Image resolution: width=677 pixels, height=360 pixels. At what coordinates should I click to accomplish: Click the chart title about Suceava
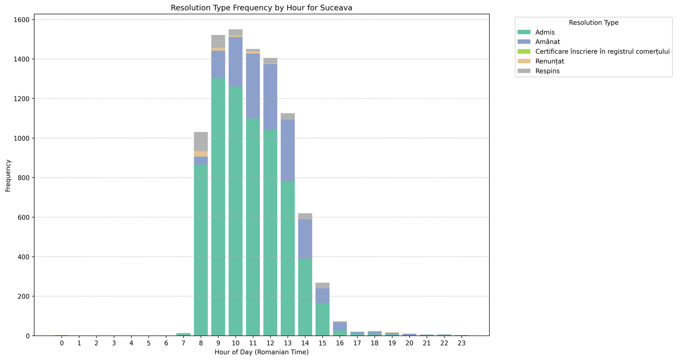pyautogui.click(x=261, y=8)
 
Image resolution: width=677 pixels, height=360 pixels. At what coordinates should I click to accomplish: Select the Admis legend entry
pyautogui.click(x=545, y=32)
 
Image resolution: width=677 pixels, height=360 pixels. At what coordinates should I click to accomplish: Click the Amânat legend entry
pyautogui.click(x=548, y=42)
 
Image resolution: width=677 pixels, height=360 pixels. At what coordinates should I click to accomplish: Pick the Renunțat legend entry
pyautogui.click(x=550, y=61)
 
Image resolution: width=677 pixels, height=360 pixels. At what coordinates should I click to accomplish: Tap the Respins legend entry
pyautogui.click(x=547, y=71)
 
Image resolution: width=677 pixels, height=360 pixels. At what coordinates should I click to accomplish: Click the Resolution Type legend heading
pyautogui.click(x=593, y=23)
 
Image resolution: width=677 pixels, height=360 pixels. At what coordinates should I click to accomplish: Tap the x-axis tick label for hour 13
pyautogui.click(x=287, y=343)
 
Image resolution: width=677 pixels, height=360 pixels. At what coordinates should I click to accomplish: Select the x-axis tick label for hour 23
pyautogui.click(x=461, y=343)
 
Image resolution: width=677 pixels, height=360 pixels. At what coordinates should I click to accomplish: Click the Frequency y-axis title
pyautogui.click(x=8, y=175)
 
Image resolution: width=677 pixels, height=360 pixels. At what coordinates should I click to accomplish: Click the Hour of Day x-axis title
pyautogui.click(x=261, y=352)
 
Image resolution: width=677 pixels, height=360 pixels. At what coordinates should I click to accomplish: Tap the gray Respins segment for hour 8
pyautogui.click(x=201, y=141)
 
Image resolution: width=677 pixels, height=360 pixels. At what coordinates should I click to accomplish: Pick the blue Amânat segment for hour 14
pyautogui.click(x=305, y=239)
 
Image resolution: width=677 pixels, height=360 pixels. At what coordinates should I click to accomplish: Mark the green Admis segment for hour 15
pyautogui.click(x=322, y=319)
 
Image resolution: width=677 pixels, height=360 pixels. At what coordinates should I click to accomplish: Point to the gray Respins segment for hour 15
pyautogui.click(x=322, y=285)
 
